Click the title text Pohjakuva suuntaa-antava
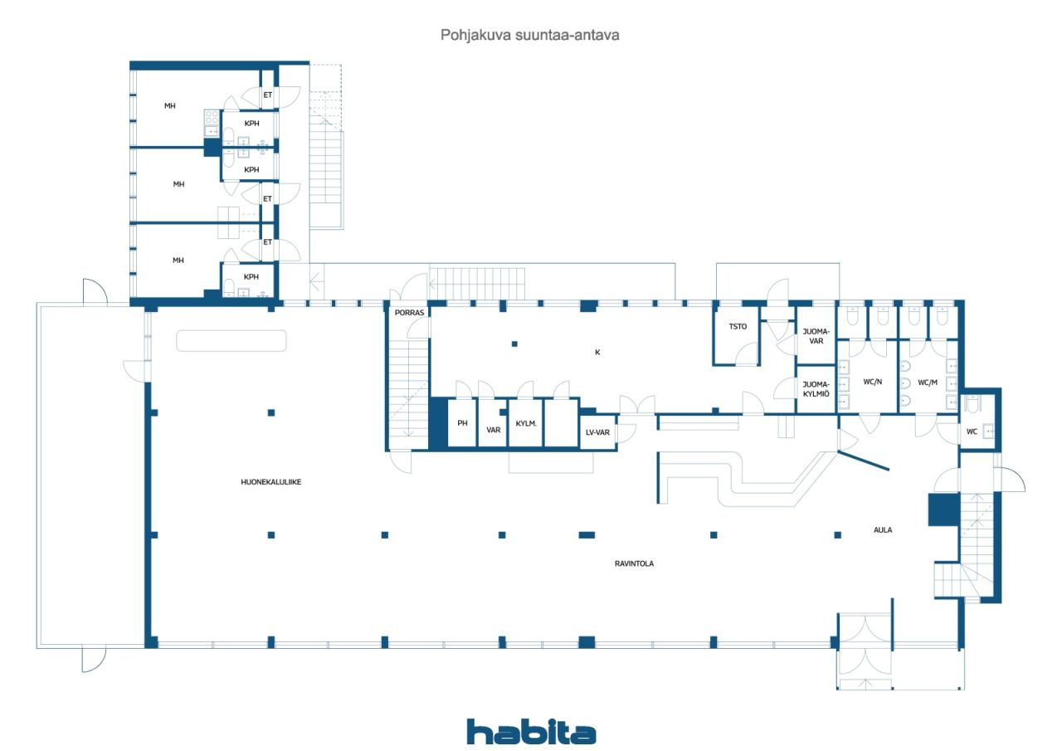(529, 35)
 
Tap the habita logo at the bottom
(531, 732)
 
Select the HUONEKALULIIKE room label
(270, 481)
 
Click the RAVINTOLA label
(634, 563)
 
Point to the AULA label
(882, 529)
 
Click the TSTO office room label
(738, 326)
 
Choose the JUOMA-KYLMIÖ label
(816, 388)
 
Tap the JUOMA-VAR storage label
(816, 336)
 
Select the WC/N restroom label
(872, 382)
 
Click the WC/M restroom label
(928, 382)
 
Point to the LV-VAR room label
(597, 432)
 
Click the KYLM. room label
(526, 423)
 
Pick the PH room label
(462, 423)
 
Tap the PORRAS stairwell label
(409, 313)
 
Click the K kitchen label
(597, 352)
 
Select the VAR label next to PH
(493, 430)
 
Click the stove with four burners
(212, 117)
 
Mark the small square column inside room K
(514, 344)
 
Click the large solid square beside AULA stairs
(943, 510)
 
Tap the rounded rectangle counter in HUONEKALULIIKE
(231, 341)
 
